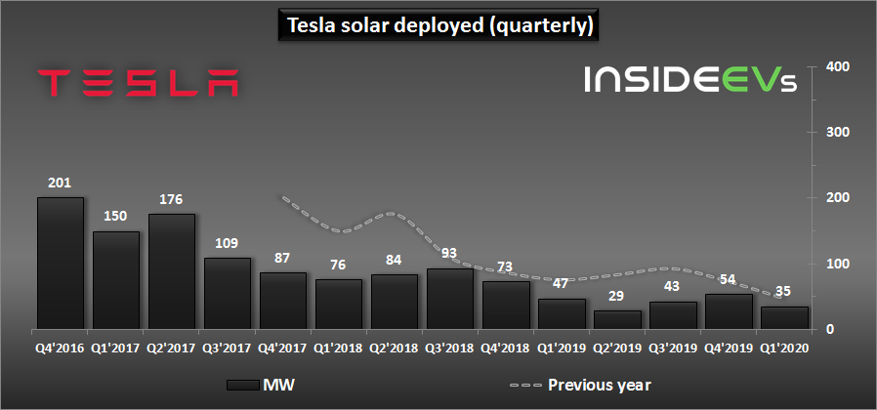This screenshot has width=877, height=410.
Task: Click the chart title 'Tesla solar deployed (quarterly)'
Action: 439,25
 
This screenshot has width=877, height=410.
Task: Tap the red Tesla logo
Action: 138,83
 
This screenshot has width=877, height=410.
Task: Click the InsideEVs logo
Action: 690,79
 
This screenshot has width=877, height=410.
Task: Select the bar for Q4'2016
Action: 61,263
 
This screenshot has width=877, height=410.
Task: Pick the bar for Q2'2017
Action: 172,271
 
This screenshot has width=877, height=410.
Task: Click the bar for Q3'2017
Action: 228,293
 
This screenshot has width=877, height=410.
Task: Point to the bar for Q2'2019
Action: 617,319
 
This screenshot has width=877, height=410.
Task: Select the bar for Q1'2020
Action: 785,317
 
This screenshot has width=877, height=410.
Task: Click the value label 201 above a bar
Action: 60,183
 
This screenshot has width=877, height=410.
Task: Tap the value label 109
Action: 228,243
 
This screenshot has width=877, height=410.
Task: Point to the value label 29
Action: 617,296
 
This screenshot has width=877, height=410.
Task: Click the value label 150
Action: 116,216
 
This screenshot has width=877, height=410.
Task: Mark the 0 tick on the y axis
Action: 831,329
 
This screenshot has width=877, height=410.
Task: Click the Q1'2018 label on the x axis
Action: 338,348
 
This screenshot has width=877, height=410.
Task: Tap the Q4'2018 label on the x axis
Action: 505,348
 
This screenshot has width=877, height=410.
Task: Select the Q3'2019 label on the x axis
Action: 672,348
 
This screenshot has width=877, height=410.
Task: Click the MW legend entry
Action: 259,385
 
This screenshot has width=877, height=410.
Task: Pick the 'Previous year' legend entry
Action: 580,385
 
